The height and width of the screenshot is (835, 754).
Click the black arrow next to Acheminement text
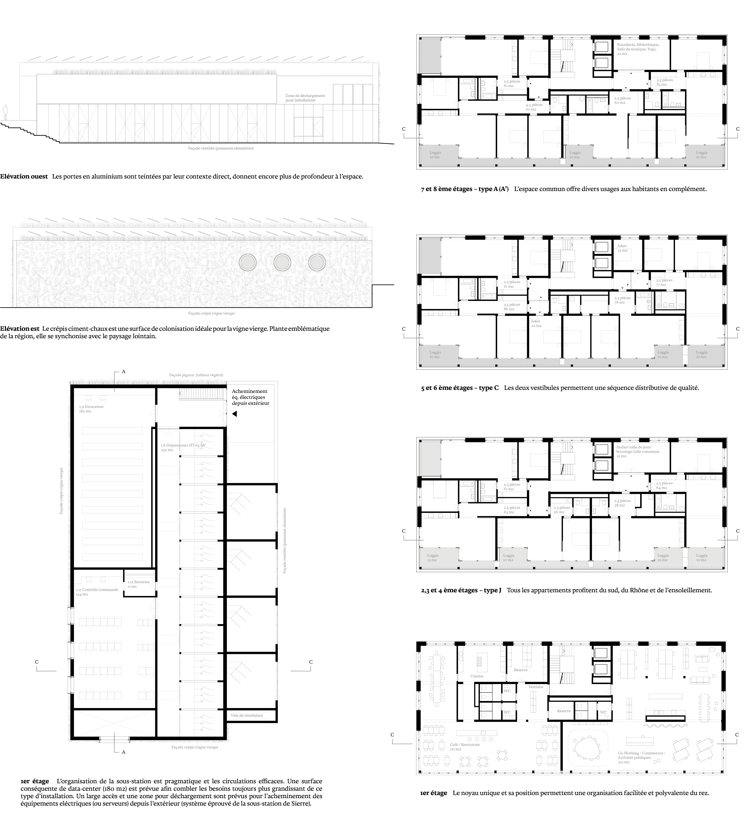(234, 413)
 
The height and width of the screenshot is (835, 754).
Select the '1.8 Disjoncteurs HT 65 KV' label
(183, 447)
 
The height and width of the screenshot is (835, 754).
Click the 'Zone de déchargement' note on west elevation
(305, 98)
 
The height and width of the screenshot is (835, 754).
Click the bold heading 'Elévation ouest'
(24, 176)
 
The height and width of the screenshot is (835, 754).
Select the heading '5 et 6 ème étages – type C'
(460, 388)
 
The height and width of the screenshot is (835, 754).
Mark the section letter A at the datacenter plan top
(123, 372)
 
